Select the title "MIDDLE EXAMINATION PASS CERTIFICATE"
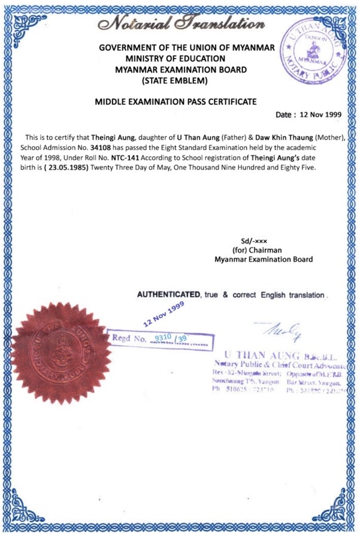[x=176, y=102]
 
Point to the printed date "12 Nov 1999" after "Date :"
[x=323, y=114]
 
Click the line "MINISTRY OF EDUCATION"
[x=176, y=59]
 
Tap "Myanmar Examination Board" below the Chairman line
[x=263, y=260]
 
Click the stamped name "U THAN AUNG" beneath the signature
[x=257, y=353]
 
